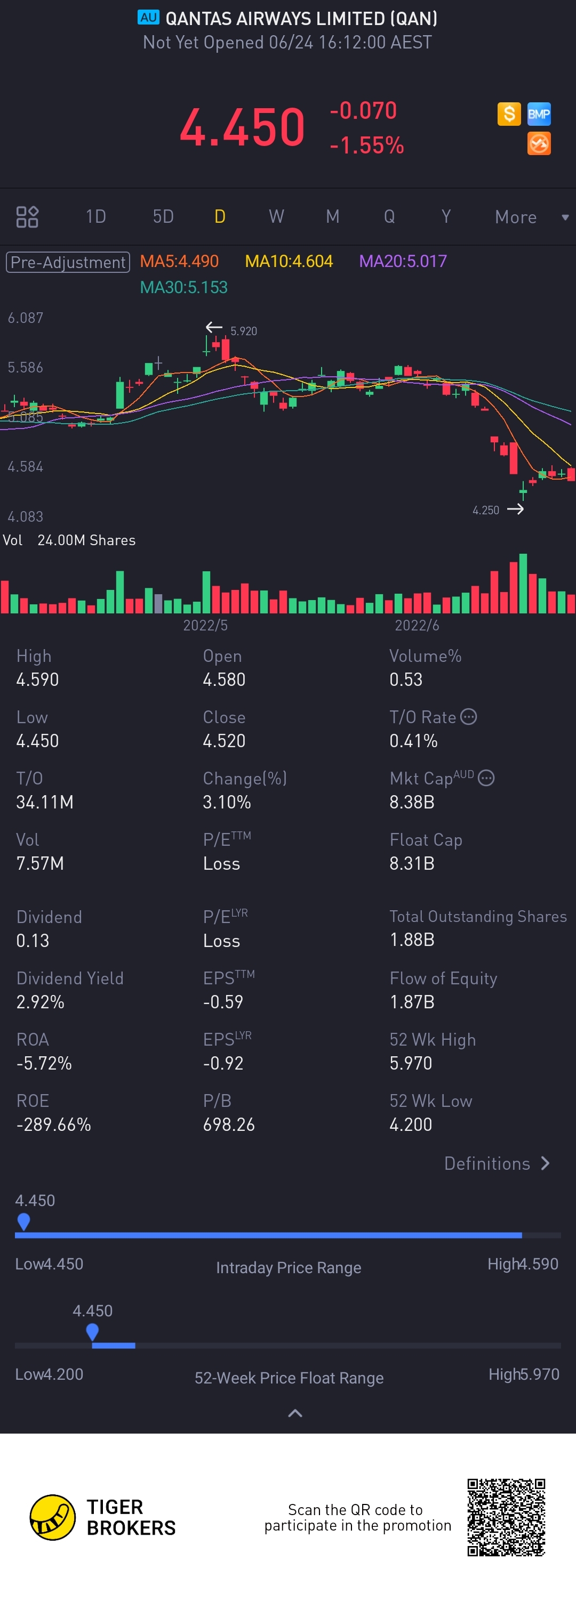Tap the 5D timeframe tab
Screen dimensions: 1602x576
(163, 216)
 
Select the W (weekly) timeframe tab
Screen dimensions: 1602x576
(276, 216)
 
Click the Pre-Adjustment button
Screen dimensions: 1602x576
(68, 262)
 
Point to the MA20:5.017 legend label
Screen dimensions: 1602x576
(403, 261)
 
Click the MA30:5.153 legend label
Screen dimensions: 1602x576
(183, 287)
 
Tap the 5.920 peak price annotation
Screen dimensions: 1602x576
(243, 331)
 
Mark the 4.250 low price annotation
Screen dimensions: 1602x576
(486, 510)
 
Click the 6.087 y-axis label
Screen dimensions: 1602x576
(26, 318)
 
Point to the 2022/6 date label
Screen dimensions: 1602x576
(417, 625)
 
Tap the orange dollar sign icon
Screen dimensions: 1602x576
(509, 114)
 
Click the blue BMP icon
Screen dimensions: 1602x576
(539, 114)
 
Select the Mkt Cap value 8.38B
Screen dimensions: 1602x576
(412, 802)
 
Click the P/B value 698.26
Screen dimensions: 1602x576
(229, 1124)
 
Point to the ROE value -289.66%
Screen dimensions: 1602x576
(53, 1124)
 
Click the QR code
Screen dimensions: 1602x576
(506, 1517)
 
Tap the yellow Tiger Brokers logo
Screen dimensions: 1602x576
(53, 1517)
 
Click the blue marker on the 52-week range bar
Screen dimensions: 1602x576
(92, 1331)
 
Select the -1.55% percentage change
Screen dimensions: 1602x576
(367, 145)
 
